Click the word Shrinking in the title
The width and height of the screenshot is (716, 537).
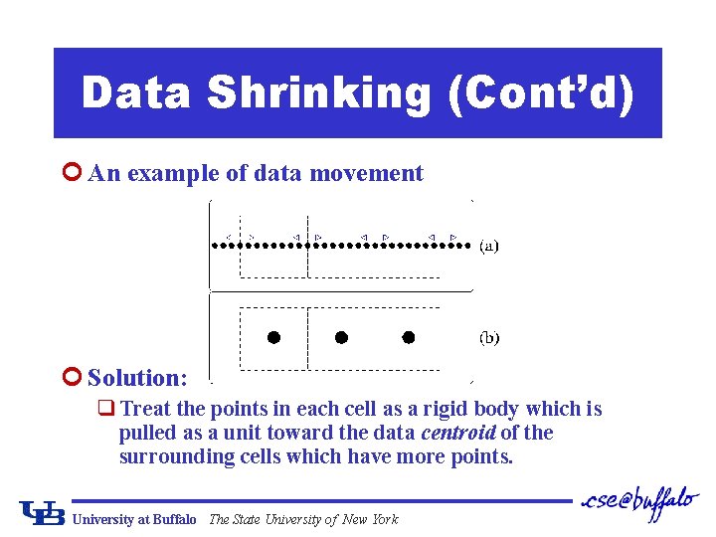click(x=319, y=93)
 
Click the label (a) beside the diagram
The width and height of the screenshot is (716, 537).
click(x=489, y=245)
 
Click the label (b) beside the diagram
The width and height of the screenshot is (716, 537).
click(x=489, y=338)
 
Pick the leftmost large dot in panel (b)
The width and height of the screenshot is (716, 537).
click(x=273, y=337)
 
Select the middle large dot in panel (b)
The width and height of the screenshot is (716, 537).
click(x=341, y=337)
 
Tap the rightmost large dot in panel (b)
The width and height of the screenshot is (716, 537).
click(x=408, y=337)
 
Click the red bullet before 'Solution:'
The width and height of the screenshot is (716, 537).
click(x=70, y=378)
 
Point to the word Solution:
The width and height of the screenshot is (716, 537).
click(x=137, y=378)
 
